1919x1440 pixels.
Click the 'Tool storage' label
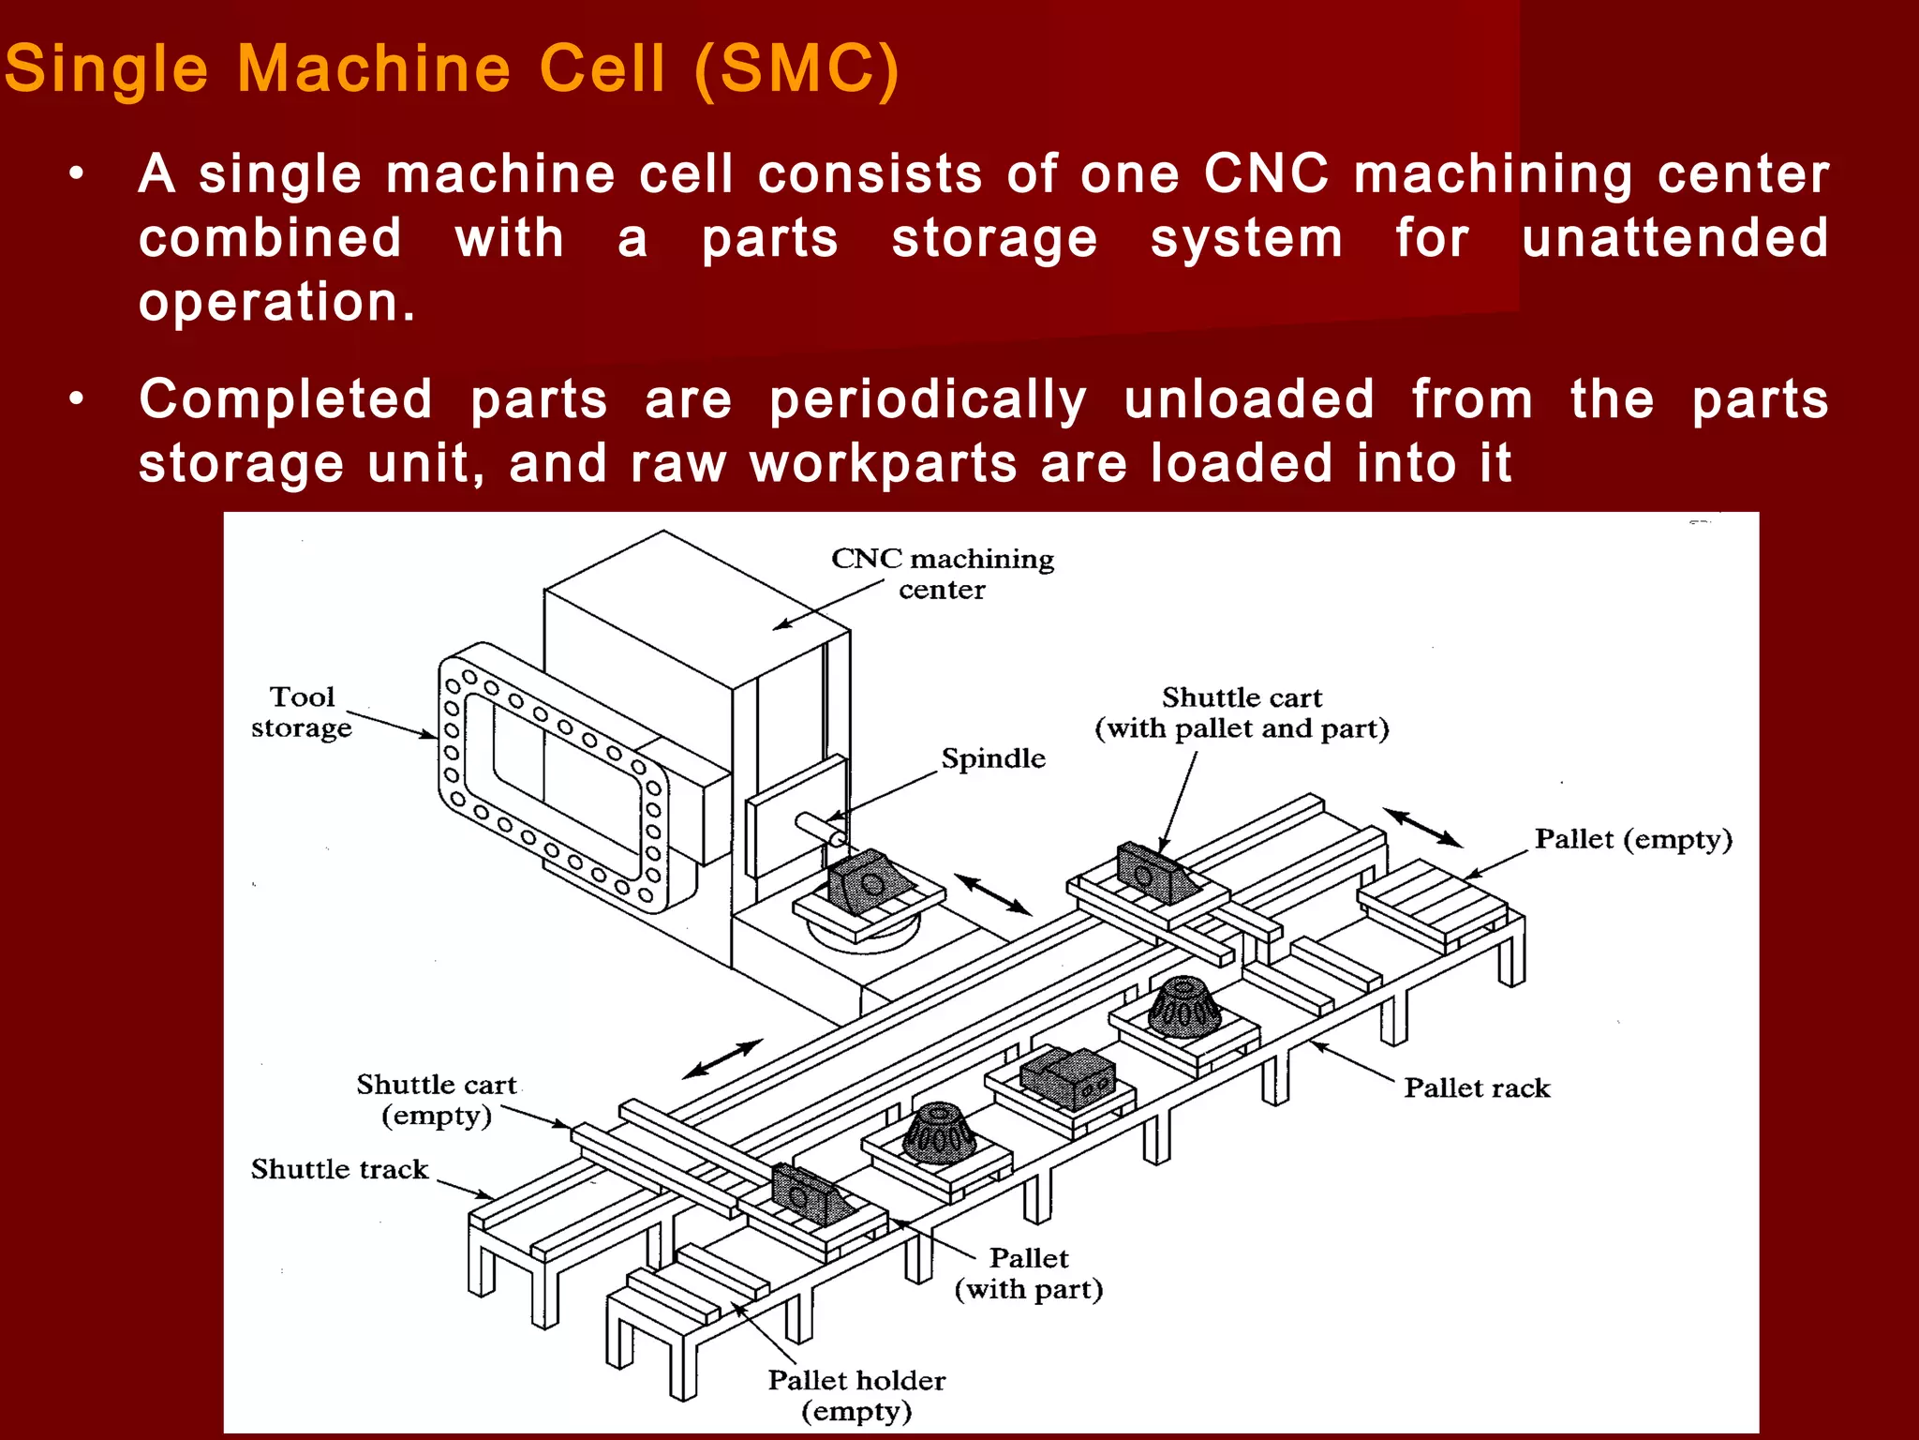tap(301, 712)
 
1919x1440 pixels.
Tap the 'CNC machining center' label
tap(942, 574)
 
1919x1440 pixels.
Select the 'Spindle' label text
tap(992, 757)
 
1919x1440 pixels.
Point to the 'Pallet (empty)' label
tap(1632, 839)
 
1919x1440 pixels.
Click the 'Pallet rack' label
tap(1476, 1087)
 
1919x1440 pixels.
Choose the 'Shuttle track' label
tap(339, 1169)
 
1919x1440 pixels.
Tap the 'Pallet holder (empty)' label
tap(856, 1395)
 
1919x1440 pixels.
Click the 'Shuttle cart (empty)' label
tap(436, 1100)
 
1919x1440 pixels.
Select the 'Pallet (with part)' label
tap(1028, 1273)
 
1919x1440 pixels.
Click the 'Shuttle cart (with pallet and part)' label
tap(1242, 712)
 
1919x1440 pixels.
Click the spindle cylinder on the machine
tap(820, 829)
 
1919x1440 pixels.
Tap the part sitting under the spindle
tap(868, 880)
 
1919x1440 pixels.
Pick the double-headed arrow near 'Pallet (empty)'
tap(1422, 827)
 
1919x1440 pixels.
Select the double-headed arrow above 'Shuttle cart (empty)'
tap(722, 1059)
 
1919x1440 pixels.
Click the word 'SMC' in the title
tap(796, 69)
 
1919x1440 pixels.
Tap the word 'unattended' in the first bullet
tap(1674, 238)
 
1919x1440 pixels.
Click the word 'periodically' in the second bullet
tap(928, 400)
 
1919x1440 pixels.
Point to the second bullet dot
tap(77, 400)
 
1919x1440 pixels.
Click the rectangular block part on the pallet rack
tap(1068, 1077)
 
